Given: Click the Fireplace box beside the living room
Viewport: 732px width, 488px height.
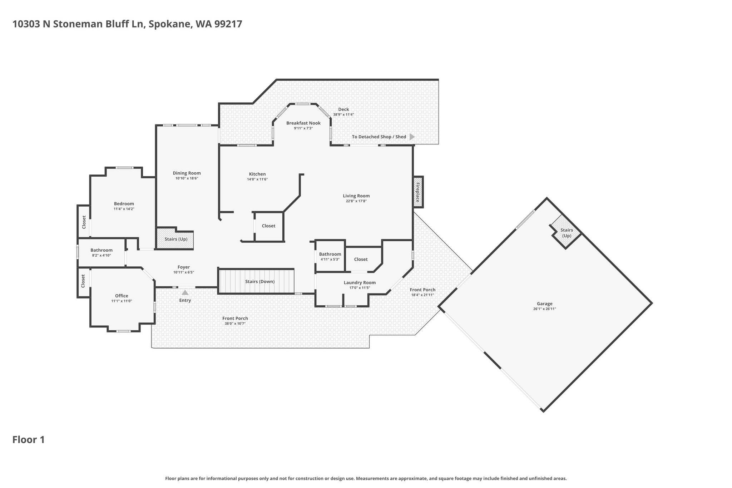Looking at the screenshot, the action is click(x=418, y=192).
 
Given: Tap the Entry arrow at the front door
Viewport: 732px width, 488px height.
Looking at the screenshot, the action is click(x=185, y=292).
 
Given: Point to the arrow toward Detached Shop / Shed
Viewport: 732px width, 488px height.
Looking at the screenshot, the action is click(x=412, y=137).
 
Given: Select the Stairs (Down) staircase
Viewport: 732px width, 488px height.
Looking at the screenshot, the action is click(x=256, y=281).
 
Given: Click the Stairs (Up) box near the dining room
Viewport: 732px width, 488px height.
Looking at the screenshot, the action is click(x=175, y=238).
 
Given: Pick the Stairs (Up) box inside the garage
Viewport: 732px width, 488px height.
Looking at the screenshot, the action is click(x=566, y=231).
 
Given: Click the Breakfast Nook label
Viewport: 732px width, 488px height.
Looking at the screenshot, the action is click(x=303, y=123).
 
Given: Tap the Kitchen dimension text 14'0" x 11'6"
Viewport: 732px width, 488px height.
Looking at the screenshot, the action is click(x=257, y=179).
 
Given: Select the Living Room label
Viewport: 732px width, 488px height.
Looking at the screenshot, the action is click(x=356, y=196).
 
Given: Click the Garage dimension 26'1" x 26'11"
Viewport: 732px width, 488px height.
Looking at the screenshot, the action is click(x=545, y=309).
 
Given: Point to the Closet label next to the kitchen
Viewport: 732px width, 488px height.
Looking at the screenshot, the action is click(x=268, y=226).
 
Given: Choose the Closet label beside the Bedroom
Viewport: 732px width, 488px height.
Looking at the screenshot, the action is click(x=84, y=222).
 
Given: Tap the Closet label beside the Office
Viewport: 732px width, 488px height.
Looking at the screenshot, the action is click(x=83, y=281).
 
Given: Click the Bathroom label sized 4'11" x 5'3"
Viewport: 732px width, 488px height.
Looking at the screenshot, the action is click(x=330, y=254).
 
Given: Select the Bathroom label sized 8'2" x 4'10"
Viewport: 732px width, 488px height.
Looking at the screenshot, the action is click(x=102, y=250).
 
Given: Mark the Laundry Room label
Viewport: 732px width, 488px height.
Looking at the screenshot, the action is click(x=360, y=282).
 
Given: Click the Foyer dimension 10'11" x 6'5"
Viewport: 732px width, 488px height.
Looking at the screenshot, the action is click(x=184, y=272).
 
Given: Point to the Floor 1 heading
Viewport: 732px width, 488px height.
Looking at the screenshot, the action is click(x=29, y=440).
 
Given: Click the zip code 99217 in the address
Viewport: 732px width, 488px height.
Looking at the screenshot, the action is click(x=228, y=24).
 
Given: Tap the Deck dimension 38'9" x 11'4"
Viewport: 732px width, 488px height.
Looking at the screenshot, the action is click(x=343, y=115).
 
